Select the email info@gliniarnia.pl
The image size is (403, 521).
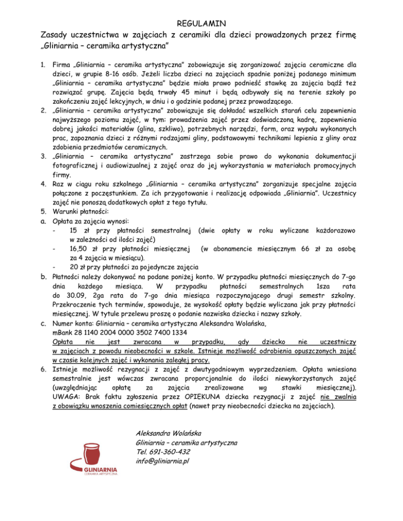click(x=162, y=461)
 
